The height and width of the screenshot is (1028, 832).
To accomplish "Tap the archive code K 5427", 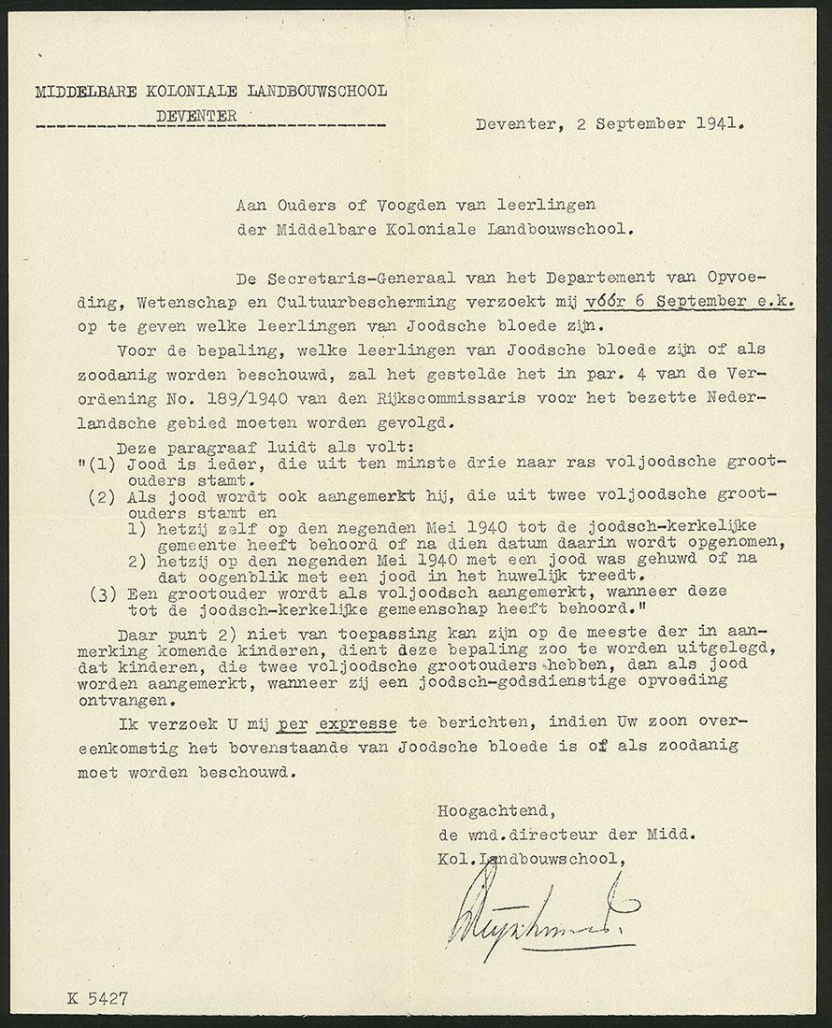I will [96, 998].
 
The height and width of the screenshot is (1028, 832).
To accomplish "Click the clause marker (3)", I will [102, 592].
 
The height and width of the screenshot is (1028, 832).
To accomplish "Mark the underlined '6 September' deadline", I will [678, 301].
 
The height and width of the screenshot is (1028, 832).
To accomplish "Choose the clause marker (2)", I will [102, 496].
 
